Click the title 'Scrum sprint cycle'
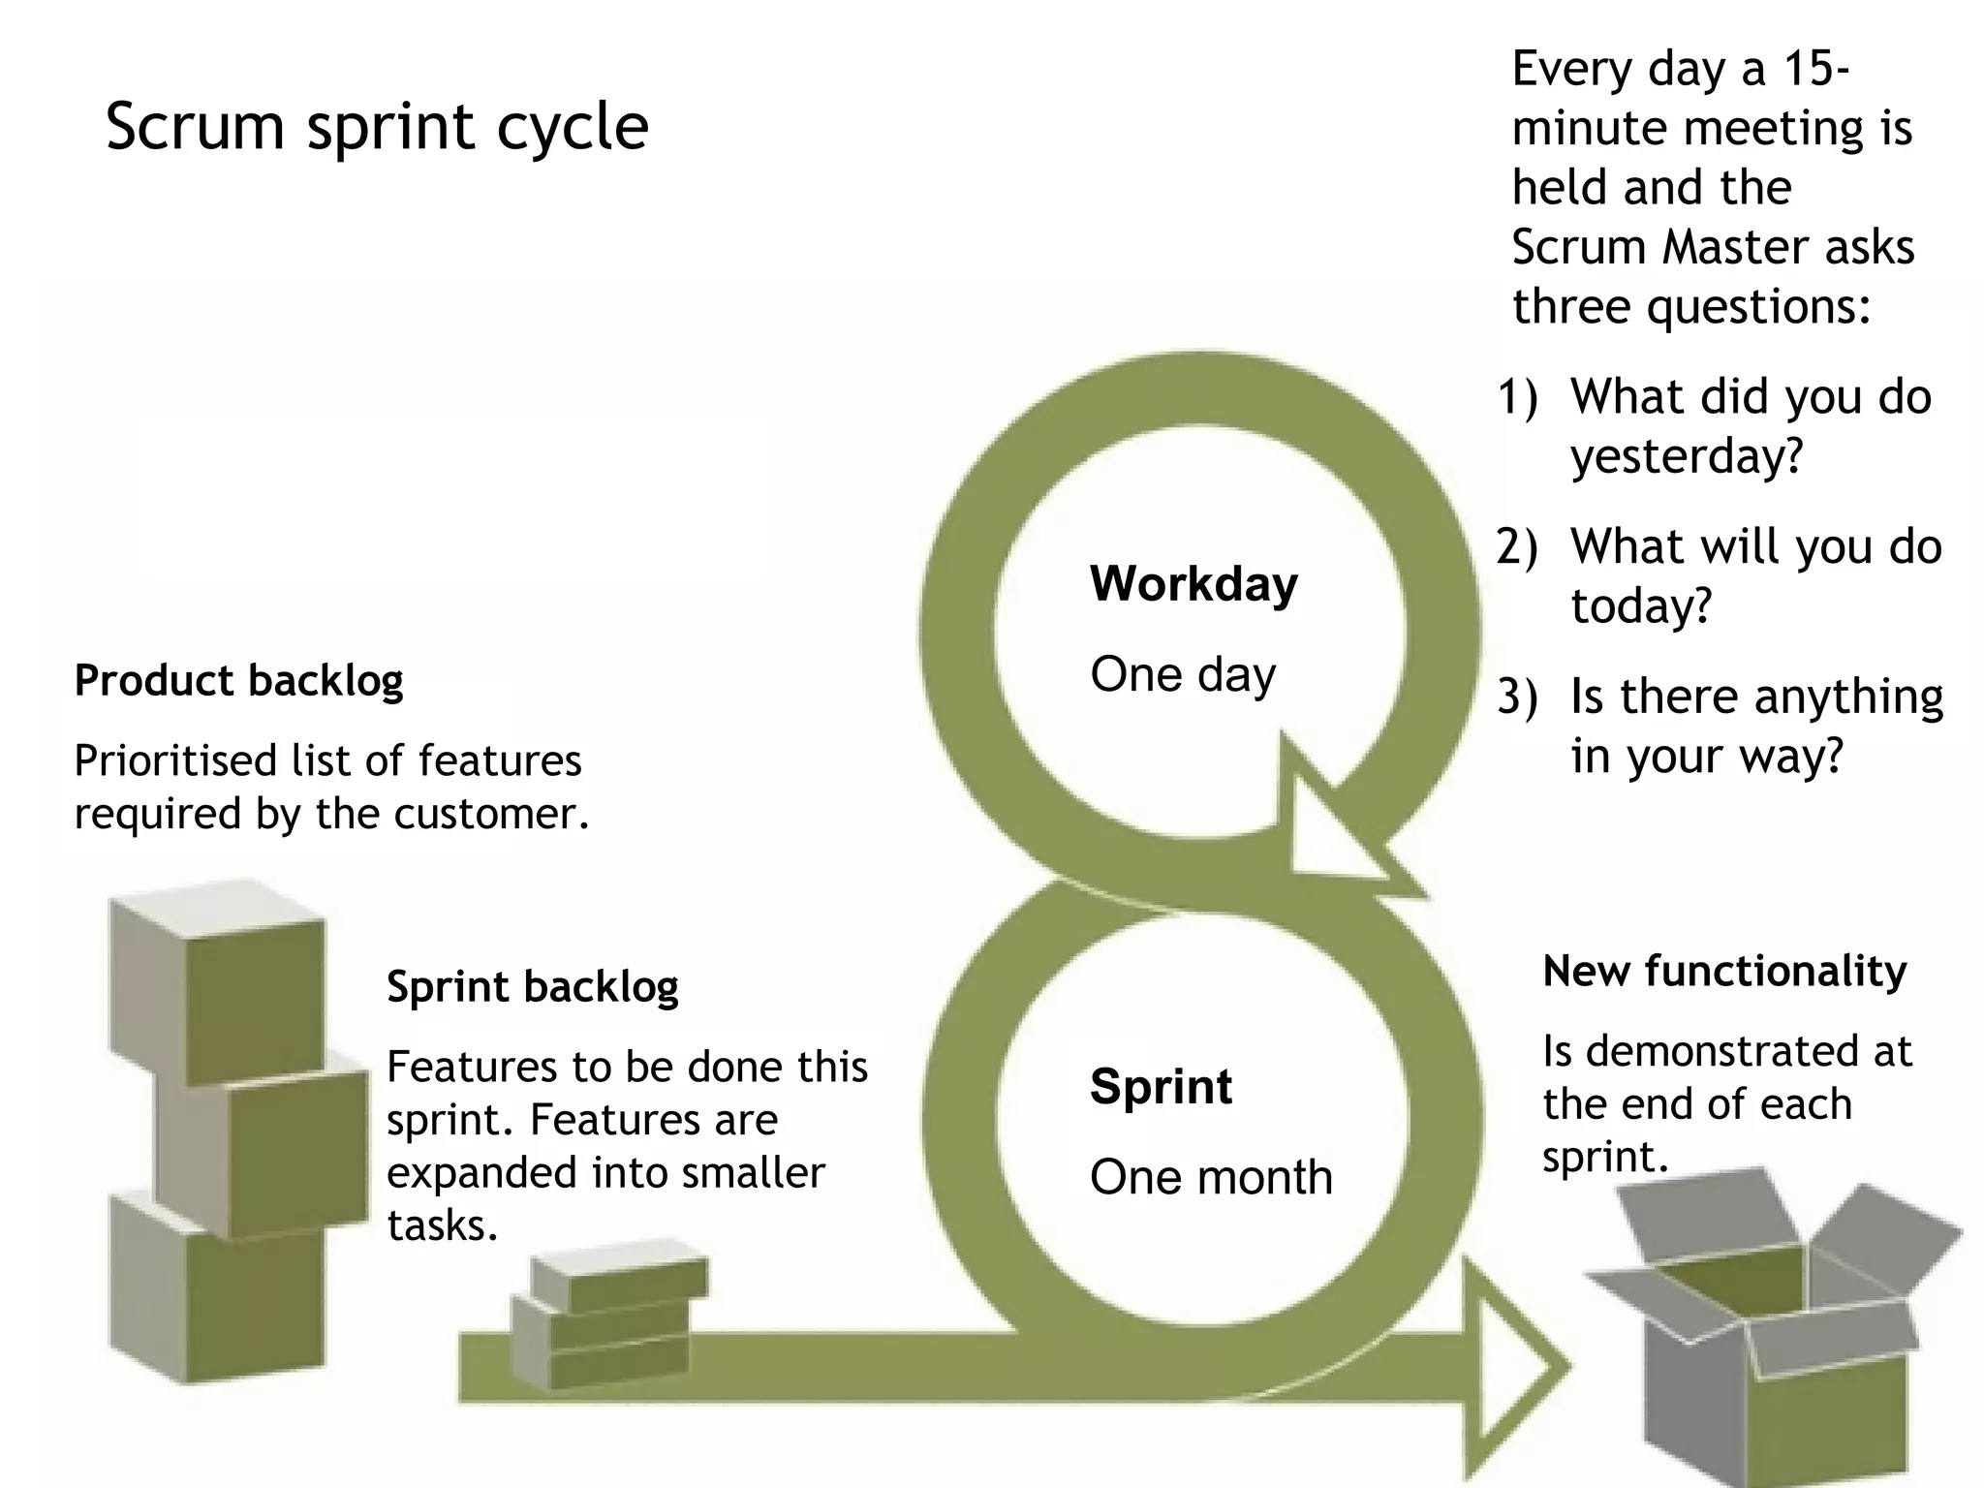[376, 127]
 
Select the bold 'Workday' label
[1193, 584]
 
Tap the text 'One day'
[1182, 674]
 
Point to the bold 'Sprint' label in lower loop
[1161, 1086]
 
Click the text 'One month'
[1211, 1178]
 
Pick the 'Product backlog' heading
[238, 681]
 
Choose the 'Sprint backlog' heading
[532, 987]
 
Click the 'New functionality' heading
[1723, 972]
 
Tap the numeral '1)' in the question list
[1517, 398]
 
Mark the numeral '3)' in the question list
[1517, 697]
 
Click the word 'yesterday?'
[1686, 456]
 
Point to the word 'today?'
[1641, 606]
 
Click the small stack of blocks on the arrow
[610, 1322]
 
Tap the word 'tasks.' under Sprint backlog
[442, 1226]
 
